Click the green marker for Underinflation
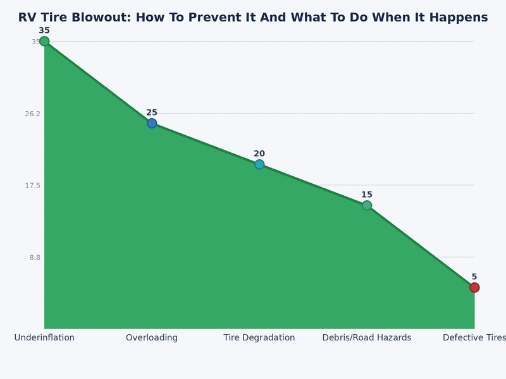point(44,42)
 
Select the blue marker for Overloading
point(152,123)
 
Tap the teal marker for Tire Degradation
point(259,164)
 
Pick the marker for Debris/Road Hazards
point(367,205)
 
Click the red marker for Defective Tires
point(474,287)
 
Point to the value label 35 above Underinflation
point(44,30)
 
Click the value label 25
point(152,112)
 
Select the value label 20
point(259,153)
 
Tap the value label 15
point(367,195)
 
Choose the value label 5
point(474,277)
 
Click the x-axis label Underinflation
point(44,338)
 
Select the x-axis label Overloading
point(152,338)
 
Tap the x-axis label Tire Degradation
point(259,338)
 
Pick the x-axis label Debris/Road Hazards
point(367,338)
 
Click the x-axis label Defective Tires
point(474,338)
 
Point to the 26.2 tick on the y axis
point(32,114)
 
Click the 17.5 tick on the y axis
point(32,186)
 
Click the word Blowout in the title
point(95,18)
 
